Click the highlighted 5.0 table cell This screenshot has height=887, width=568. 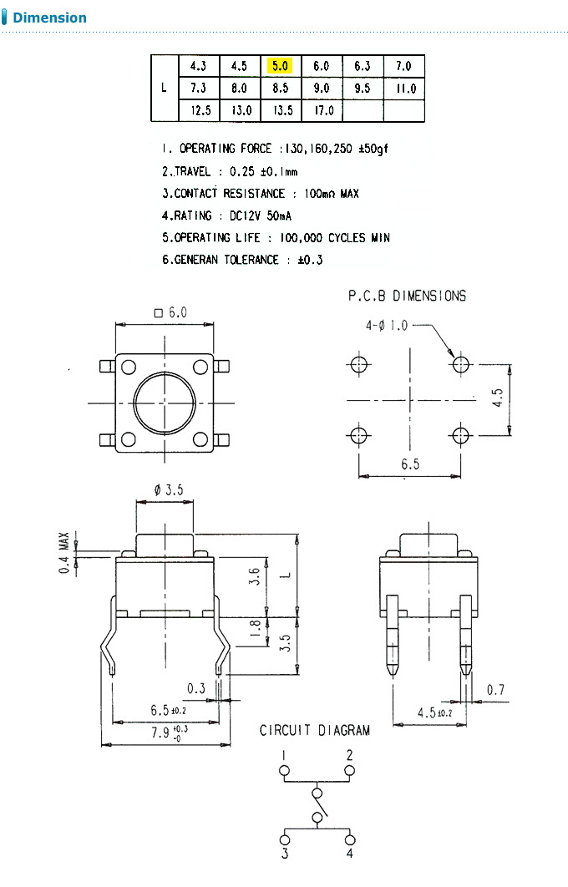coord(280,66)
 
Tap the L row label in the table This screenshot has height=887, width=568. coord(164,88)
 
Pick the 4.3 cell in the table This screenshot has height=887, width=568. coord(198,66)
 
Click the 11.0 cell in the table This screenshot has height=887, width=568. coord(404,89)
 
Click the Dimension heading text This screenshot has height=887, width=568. coord(49,18)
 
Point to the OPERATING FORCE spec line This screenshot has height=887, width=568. coord(276,149)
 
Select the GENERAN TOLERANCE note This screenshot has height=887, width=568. coord(242,260)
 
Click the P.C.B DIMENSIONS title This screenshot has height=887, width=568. coord(407,296)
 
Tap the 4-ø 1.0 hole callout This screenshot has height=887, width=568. coord(387,326)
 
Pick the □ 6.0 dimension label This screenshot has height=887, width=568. coord(170,312)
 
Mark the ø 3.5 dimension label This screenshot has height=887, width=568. coord(168,490)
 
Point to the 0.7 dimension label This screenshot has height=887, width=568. coord(496,690)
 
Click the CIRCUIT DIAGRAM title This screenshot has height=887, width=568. coord(314,730)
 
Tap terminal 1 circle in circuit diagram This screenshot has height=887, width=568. coord(284,770)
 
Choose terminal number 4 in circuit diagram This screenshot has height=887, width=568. coord(350,854)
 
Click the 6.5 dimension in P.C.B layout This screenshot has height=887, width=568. coord(409,464)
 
